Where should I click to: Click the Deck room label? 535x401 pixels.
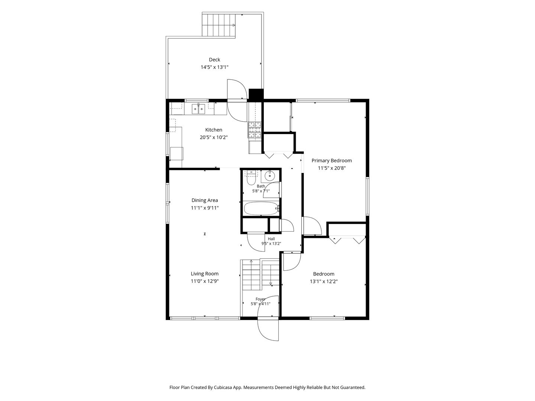point(214,60)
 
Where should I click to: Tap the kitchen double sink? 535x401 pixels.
point(198,108)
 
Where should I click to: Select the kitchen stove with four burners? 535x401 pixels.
point(254,130)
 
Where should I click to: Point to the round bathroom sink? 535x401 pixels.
point(270,175)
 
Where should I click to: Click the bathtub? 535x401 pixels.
point(261,208)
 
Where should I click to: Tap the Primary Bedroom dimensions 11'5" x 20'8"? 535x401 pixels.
point(331,168)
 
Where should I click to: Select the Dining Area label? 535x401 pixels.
point(204,200)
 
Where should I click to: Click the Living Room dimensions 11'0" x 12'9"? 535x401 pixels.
point(204,281)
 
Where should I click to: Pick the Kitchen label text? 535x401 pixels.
point(214,130)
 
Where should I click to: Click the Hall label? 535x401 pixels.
point(271,239)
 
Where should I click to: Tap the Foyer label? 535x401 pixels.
point(260,299)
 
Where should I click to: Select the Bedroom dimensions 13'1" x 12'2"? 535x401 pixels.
point(324,281)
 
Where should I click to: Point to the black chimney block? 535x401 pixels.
point(256,95)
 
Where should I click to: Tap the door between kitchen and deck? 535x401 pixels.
point(237,100)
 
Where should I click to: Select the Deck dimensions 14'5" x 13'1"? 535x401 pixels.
point(214,67)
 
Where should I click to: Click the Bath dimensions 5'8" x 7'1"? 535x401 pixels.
point(261,191)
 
